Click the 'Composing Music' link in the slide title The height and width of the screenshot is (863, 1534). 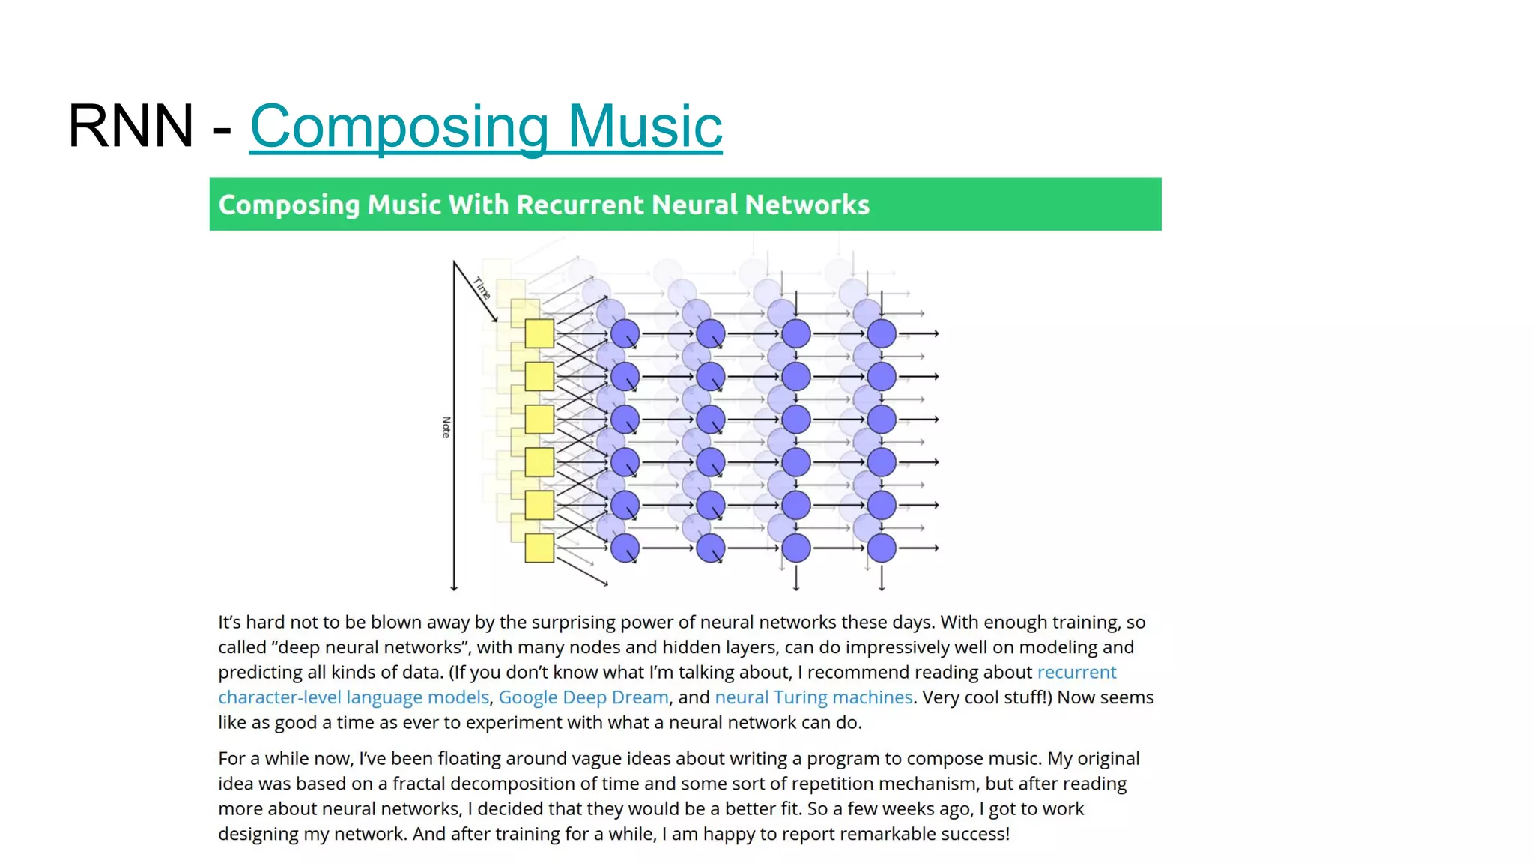tap(485, 126)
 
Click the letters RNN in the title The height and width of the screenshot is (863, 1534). tap(131, 126)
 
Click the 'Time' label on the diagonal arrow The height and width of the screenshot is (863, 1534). tap(482, 288)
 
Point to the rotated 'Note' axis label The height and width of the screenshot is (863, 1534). tap(446, 427)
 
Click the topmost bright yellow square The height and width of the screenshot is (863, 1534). tap(539, 333)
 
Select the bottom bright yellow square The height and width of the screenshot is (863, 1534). tap(539, 548)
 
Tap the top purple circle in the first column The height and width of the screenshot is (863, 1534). tap(625, 333)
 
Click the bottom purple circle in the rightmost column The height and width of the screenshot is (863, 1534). tap(882, 548)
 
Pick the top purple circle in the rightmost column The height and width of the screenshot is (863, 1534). tap(882, 333)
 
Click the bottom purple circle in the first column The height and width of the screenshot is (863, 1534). tap(625, 548)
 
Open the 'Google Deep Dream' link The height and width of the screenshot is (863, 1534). tap(583, 697)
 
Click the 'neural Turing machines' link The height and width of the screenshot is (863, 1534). tap(813, 697)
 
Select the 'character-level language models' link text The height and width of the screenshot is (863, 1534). tap(354, 697)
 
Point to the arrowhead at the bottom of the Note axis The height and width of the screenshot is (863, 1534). tap(454, 587)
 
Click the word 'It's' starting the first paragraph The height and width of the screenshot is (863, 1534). tap(229, 623)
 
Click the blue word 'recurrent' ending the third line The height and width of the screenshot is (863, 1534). tap(1076, 673)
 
